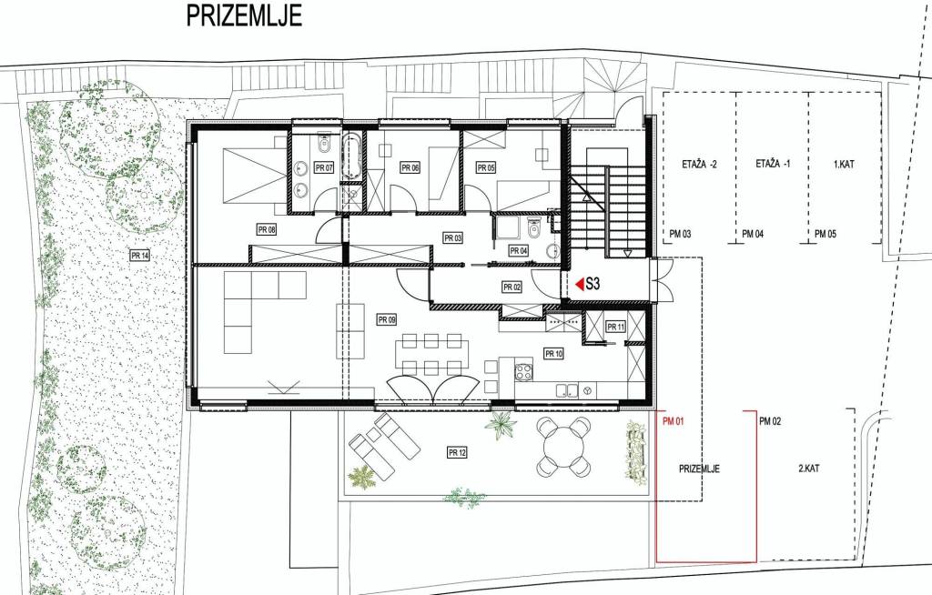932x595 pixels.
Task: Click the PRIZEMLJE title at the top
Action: click(x=244, y=15)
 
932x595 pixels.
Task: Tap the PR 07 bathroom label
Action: click(x=324, y=167)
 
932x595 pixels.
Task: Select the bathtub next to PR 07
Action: click(x=350, y=156)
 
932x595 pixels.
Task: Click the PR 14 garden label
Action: click(x=139, y=256)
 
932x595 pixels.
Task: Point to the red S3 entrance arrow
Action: click(x=580, y=284)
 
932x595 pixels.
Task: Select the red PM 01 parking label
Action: click(x=674, y=421)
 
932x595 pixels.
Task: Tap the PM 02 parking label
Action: click(x=770, y=421)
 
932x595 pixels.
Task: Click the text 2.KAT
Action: click(x=809, y=469)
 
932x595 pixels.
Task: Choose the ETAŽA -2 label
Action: click(x=699, y=164)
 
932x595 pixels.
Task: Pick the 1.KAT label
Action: click(x=844, y=164)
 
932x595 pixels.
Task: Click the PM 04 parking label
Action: click(x=753, y=234)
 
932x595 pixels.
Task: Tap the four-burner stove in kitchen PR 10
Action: click(x=523, y=372)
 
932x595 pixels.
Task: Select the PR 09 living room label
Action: click(x=386, y=320)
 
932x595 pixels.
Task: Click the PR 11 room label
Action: click(x=616, y=327)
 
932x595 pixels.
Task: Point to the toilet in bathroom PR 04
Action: click(x=533, y=227)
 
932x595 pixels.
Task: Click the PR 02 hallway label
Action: click(x=512, y=287)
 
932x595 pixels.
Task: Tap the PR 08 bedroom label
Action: click(x=267, y=229)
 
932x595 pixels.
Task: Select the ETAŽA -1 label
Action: click(x=774, y=164)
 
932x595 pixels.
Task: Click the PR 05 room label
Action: click(x=486, y=167)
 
